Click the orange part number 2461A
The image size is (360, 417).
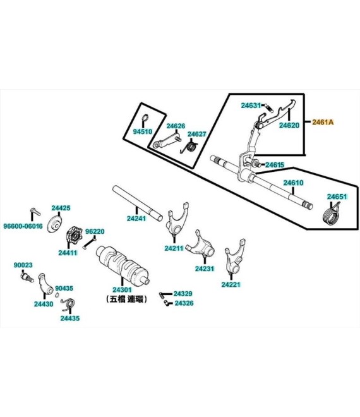click(323, 122)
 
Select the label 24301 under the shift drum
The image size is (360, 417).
click(122, 289)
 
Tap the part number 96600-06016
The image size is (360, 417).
click(23, 226)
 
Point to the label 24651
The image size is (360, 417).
click(337, 196)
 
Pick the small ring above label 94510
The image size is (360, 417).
click(145, 118)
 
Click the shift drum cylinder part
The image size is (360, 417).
click(122, 264)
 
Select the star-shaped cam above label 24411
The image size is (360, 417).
click(74, 235)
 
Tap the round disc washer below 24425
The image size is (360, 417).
click(54, 224)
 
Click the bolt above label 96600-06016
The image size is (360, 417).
click(35, 212)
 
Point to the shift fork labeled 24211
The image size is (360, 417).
click(177, 218)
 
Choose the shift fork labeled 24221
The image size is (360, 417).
click(235, 256)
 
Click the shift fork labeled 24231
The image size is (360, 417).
click(200, 245)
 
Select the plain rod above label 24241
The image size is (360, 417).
click(137, 203)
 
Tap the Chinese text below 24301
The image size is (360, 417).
click(126, 299)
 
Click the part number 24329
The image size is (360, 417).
click(183, 294)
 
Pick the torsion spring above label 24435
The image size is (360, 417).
click(68, 304)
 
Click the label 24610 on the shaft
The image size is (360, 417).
click(293, 183)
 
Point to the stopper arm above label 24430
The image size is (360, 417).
click(44, 283)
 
